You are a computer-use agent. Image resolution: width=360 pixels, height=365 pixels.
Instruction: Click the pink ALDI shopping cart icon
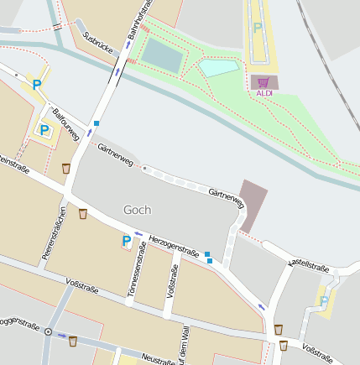coord(263,82)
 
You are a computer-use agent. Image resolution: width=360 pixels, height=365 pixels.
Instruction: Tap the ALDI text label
coord(263,93)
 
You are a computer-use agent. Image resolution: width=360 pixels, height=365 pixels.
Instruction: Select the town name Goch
coord(137,209)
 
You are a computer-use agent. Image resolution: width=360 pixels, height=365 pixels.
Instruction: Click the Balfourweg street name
coord(65,123)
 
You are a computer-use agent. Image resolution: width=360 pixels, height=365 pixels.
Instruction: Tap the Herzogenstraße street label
coord(174,246)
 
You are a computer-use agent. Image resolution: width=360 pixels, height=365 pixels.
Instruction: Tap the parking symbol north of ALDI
coord(257,28)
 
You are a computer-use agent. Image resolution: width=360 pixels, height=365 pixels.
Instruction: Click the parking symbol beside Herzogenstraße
coord(127,241)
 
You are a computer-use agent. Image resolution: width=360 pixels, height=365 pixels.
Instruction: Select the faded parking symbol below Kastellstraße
coord(324,300)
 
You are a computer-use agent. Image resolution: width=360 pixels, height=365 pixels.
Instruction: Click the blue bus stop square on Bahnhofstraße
coord(97,123)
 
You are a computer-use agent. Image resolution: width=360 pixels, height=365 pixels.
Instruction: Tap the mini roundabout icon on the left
coord(48,331)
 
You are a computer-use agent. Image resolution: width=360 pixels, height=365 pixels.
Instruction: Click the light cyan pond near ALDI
coord(217,68)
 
